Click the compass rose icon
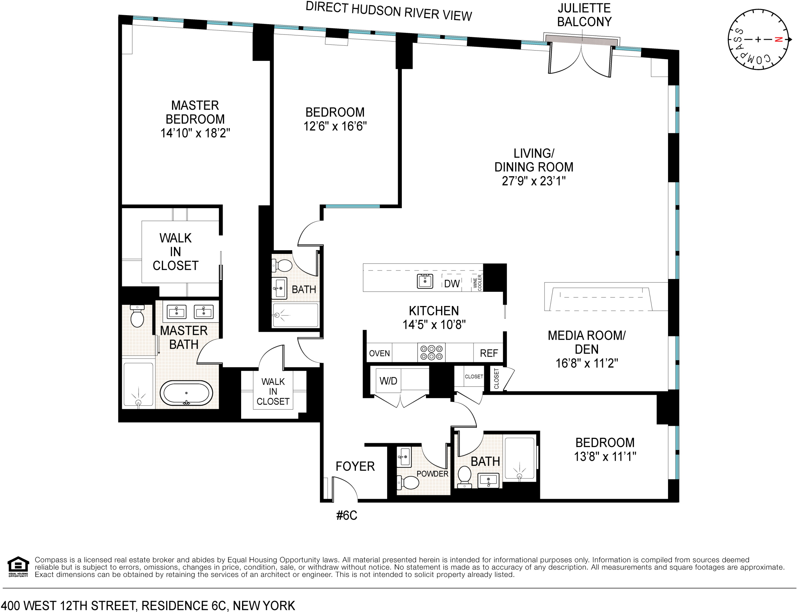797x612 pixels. (758, 39)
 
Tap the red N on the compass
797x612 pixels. (778, 39)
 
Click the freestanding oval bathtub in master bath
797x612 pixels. (186, 394)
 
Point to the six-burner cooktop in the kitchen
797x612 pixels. (431, 353)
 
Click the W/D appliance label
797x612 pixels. (388, 381)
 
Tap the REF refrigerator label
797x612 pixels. (489, 353)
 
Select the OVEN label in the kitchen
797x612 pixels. (379, 353)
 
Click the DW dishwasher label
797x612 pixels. (452, 284)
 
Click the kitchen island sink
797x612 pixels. (425, 281)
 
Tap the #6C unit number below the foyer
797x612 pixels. (347, 515)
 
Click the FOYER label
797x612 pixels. (355, 466)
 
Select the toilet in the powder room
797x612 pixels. (409, 483)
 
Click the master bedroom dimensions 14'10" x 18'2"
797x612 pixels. (195, 133)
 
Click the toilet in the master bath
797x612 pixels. (137, 316)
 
